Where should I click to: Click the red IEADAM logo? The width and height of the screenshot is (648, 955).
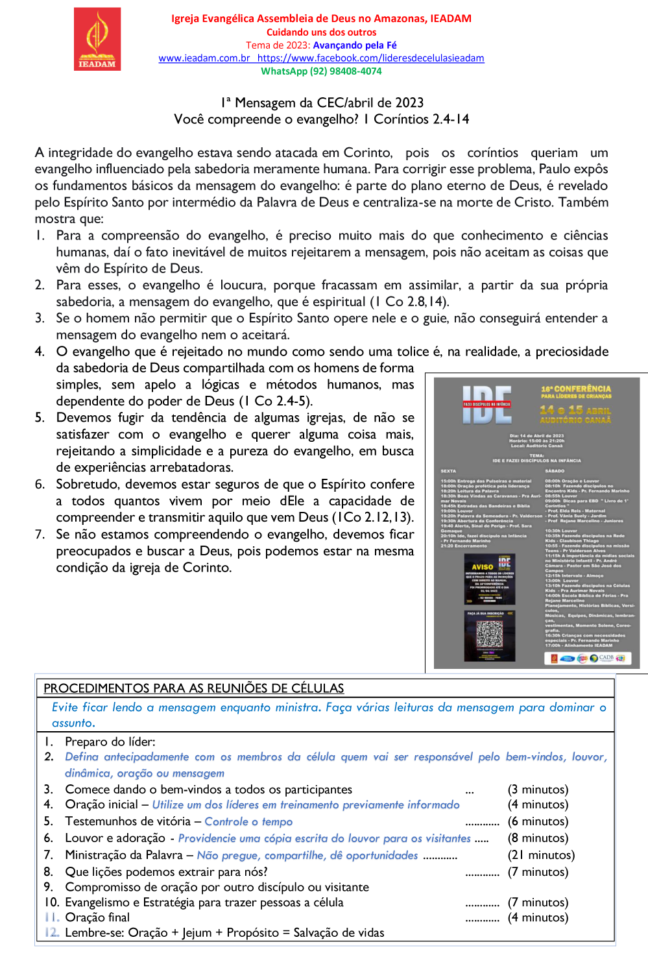click(97, 38)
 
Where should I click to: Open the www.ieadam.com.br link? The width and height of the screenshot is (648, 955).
click(204, 58)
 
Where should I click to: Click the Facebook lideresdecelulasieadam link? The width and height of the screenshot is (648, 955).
click(370, 58)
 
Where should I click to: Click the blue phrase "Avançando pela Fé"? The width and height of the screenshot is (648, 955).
click(355, 45)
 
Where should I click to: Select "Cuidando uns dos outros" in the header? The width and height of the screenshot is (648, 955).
click(321, 32)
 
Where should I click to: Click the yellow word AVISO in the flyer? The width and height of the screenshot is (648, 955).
click(482, 567)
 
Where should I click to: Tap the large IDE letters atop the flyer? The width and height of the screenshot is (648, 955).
click(487, 404)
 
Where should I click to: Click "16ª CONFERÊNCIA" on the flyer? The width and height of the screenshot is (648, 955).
click(576, 389)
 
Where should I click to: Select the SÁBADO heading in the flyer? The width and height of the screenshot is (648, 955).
click(555, 471)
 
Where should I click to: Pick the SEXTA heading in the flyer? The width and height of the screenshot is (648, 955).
click(448, 471)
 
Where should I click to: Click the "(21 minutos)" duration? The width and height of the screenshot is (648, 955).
click(541, 855)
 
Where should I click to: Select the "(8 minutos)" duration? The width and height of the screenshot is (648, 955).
click(538, 838)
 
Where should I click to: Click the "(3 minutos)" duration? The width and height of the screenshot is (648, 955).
click(538, 790)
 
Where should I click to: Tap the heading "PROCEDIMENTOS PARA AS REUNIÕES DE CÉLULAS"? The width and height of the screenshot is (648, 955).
click(193, 688)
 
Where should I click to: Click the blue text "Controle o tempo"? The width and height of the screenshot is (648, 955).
click(248, 821)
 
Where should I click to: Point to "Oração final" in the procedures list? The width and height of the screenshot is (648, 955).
click(97, 917)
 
